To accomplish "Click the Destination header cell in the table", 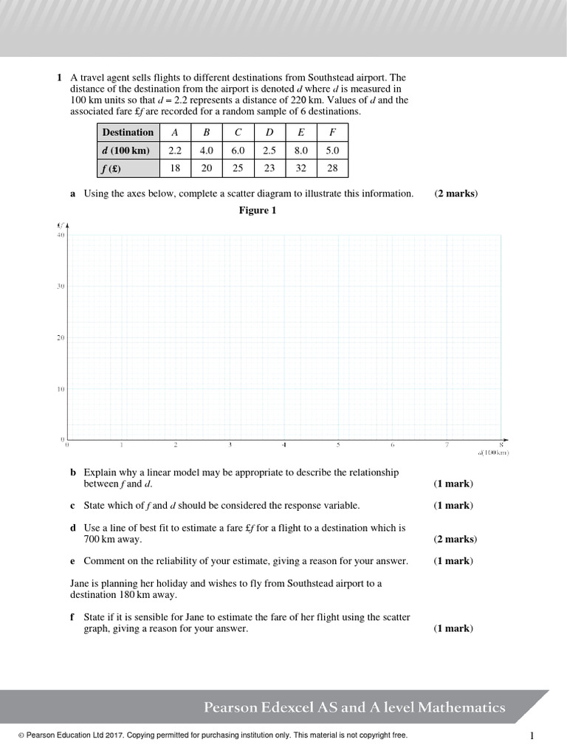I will (128, 132).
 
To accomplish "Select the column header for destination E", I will (300, 132).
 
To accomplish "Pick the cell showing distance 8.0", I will (300, 150).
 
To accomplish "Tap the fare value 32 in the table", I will (300, 168).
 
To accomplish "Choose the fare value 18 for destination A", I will (175, 168).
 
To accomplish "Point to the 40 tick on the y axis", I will (61, 235).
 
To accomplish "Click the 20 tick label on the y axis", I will (61, 337).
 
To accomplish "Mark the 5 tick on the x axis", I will (338, 445).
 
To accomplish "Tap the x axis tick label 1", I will (121, 445).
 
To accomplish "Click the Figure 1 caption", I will (257, 210).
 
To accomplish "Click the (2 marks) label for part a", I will (456, 193).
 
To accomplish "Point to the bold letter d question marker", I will (73, 529).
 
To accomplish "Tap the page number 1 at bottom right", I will (532, 735).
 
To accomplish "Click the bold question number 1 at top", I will (58, 78).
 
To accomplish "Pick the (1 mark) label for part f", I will (453, 629).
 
